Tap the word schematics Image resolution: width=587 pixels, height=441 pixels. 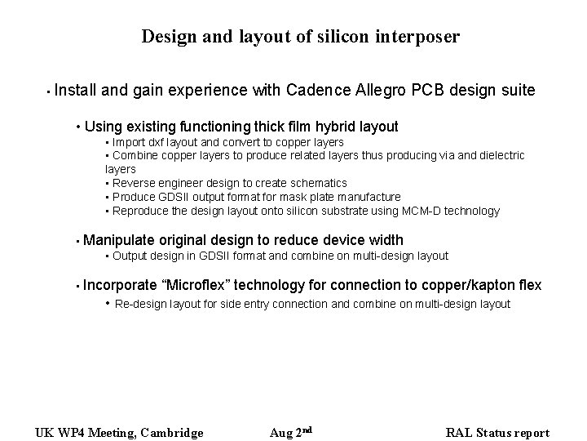tap(319, 183)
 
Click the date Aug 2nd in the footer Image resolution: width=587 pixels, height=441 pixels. tap(291, 432)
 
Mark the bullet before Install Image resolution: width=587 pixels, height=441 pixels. tap(49, 91)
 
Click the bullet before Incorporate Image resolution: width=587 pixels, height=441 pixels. tap(76, 286)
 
